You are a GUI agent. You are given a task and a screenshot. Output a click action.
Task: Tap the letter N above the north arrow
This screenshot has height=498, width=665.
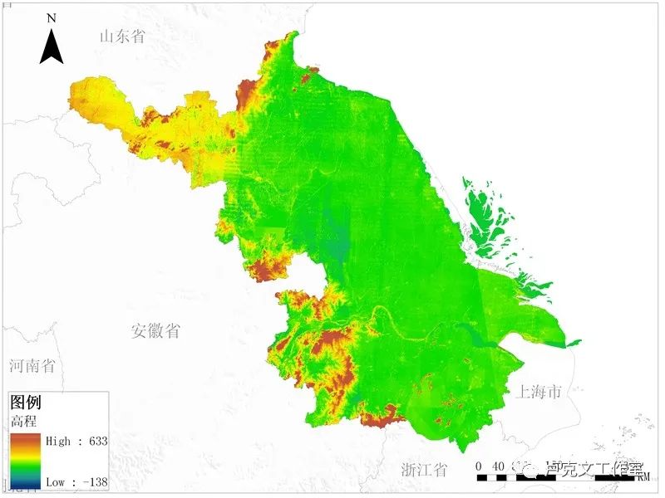click(x=52, y=17)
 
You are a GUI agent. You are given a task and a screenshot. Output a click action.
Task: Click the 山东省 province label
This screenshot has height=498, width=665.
click(x=122, y=37)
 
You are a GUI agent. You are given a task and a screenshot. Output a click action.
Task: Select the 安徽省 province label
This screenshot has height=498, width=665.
click(x=155, y=331)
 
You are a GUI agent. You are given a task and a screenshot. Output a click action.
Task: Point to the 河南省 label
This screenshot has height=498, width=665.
click(x=32, y=365)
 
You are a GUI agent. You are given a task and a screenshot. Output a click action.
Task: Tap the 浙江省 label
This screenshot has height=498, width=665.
click(x=422, y=470)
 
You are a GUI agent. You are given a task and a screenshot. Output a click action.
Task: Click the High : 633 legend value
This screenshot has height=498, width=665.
click(x=76, y=441)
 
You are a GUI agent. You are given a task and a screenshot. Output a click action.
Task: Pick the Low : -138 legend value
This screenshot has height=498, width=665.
click(x=77, y=481)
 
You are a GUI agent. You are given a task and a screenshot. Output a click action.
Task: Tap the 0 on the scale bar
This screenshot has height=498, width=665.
click(x=480, y=466)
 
